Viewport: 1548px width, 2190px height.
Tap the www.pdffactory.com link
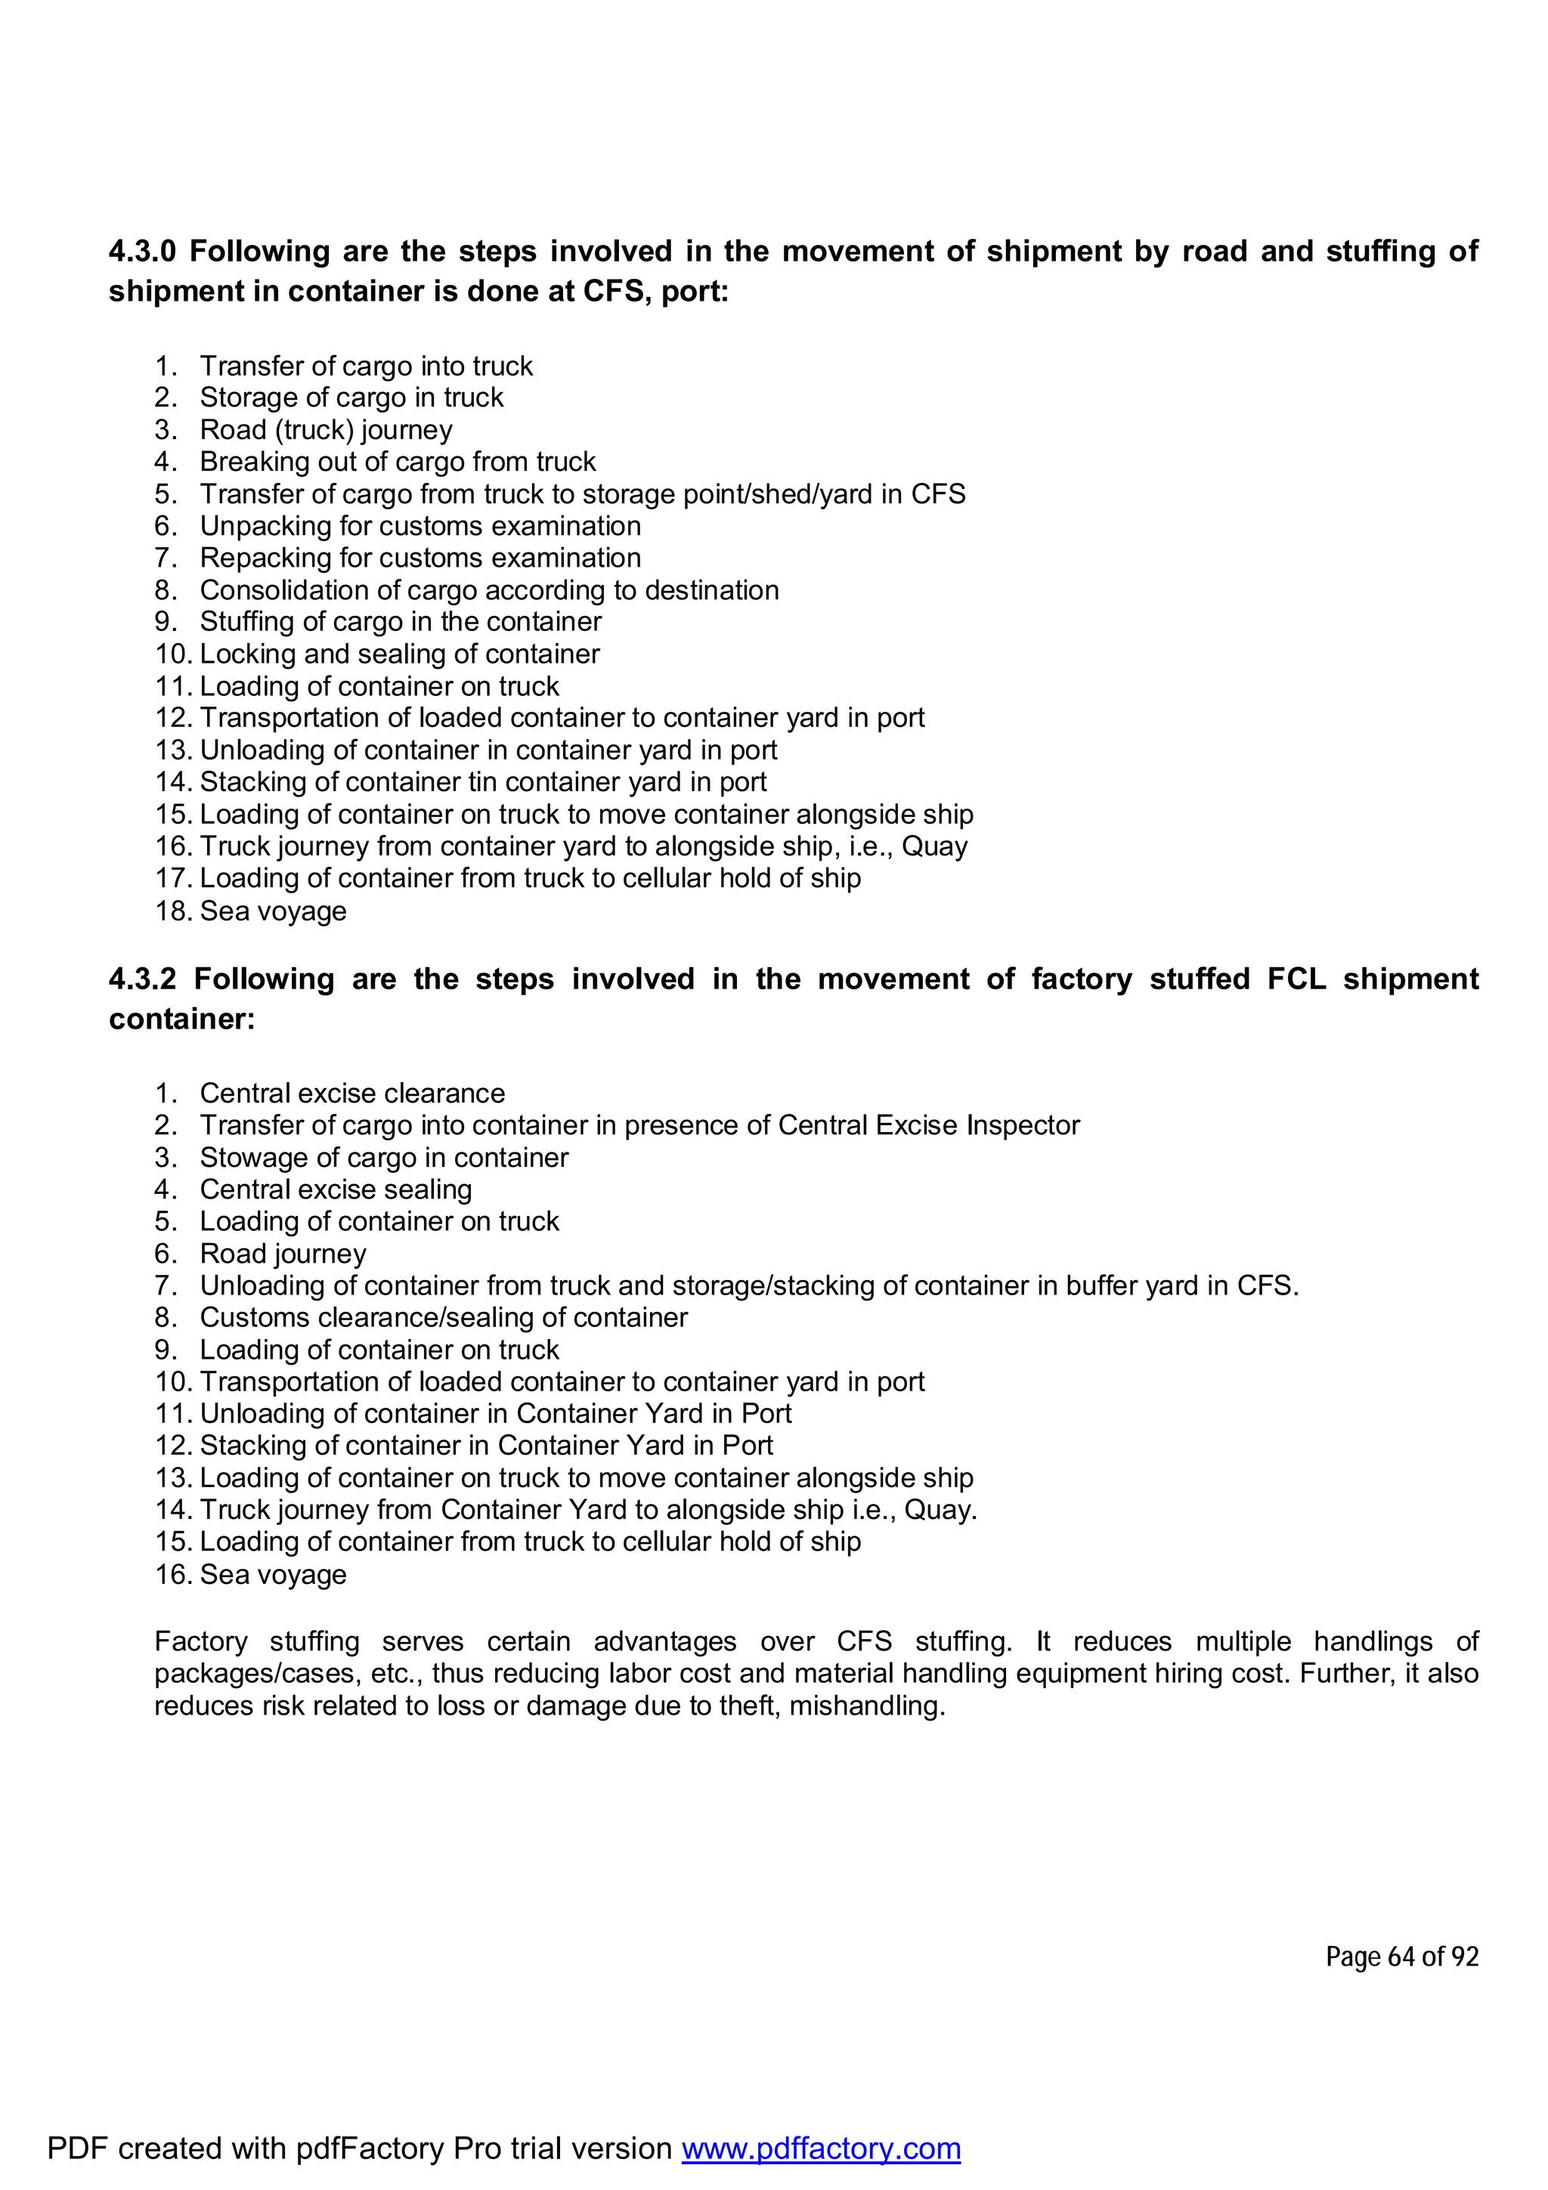[820, 2148]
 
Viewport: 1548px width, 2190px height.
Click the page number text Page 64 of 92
[1401, 1956]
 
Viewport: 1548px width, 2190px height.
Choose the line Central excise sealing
[336, 1189]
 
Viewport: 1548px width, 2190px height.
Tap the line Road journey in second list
[283, 1254]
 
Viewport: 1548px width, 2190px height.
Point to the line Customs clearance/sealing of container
[443, 1317]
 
